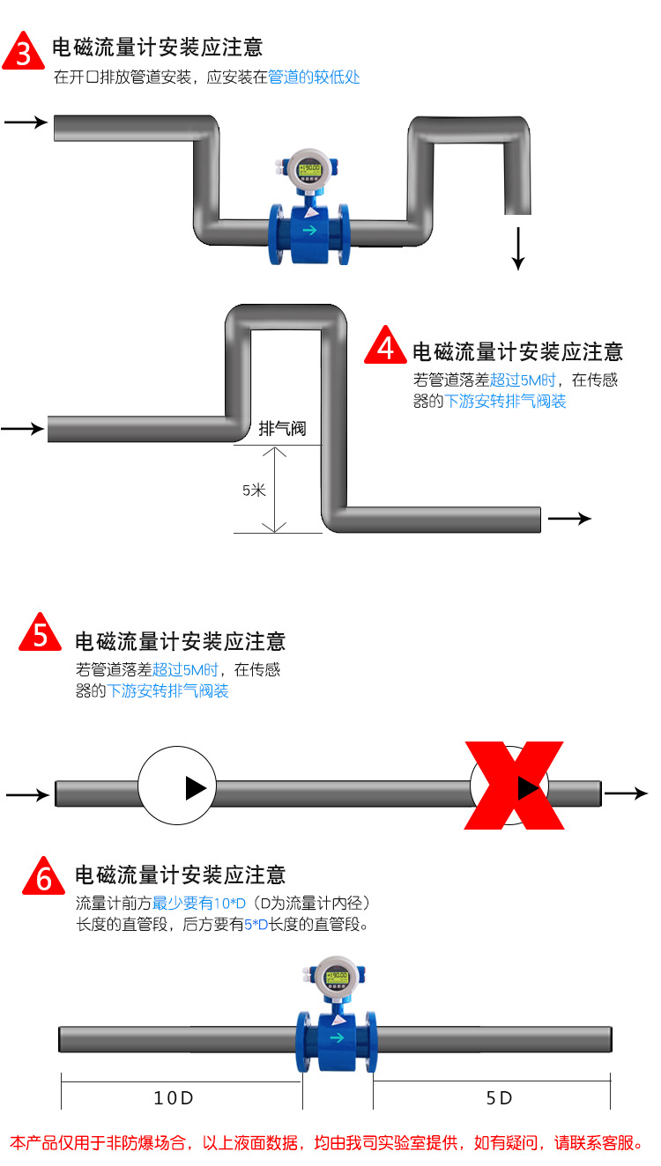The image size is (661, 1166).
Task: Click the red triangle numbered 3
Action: click(x=24, y=52)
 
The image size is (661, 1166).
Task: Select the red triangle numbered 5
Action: click(x=41, y=634)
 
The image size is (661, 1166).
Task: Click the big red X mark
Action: click(x=515, y=785)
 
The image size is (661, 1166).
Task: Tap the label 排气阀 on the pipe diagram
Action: click(x=282, y=429)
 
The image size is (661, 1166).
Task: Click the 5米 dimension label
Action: click(x=254, y=491)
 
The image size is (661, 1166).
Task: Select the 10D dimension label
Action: click(x=174, y=1098)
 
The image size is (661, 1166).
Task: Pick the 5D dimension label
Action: click(x=499, y=1098)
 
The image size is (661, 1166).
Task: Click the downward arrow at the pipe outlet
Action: click(x=518, y=248)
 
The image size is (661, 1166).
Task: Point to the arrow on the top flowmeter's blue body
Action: click(x=309, y=231)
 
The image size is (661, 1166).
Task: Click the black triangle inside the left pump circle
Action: click(x=195, y=787)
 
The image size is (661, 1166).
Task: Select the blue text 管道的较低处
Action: click(x=314, y=77)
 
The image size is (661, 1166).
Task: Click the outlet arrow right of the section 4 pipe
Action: click(x=569, y=519)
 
